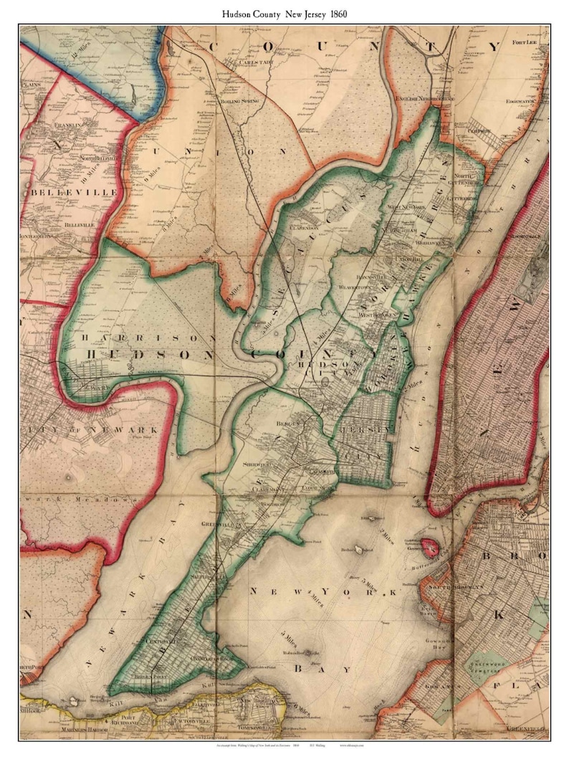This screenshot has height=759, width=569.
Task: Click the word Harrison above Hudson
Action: (x=148, y=338)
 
